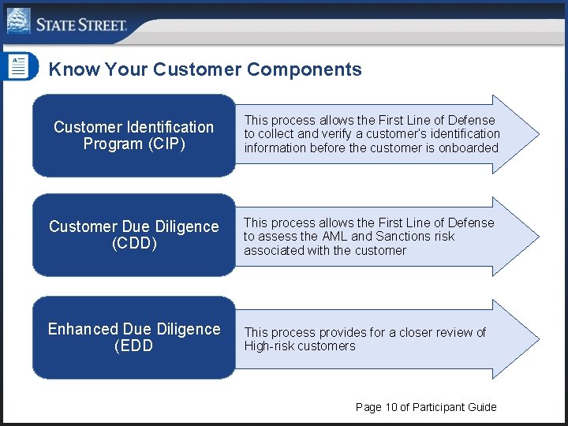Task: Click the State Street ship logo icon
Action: click(18, 21)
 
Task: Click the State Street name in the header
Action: click(81, 24)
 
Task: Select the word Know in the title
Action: click(73, 69)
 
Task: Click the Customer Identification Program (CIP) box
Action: click(133, 136)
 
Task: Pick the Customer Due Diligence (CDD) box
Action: click(133, 235)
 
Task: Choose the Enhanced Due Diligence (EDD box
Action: click(133, 338)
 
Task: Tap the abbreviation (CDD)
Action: click(134, 244)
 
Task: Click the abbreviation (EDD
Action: click(134, 346)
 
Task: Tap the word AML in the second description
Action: click(333, 236)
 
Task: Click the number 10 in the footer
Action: click(391, 407)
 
